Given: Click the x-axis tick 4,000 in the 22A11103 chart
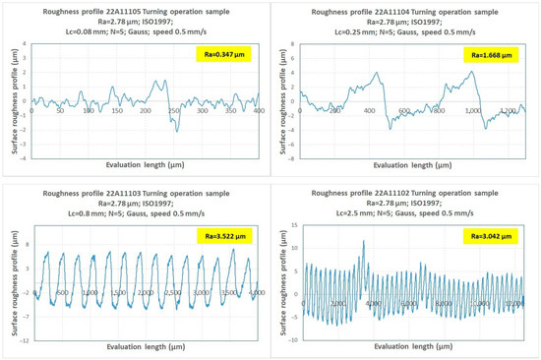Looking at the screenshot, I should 256,293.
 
